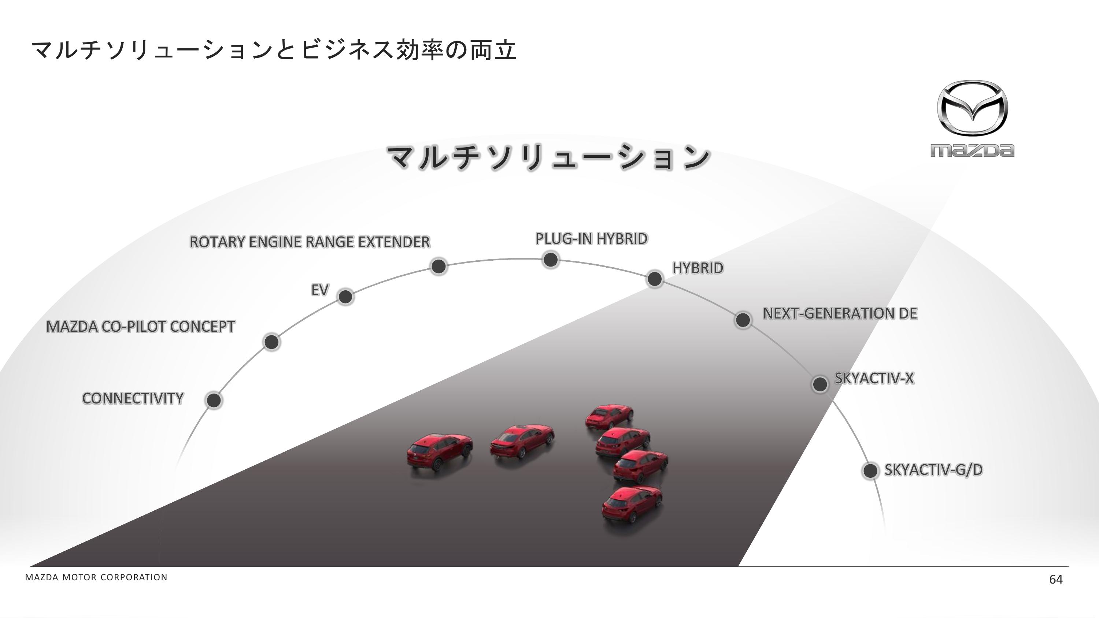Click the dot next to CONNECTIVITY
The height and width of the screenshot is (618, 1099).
[x=214, y=400]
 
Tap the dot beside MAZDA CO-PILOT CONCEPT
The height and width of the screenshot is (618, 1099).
[x=271, y=342]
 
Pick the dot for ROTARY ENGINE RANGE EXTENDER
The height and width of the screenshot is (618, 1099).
[x=439, y=266]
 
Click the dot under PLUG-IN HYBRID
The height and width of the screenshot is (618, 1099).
[x=550, y=259]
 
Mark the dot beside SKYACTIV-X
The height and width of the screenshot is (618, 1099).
[x=819, y=384]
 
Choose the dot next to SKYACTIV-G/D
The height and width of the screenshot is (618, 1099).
[x=870, y=470]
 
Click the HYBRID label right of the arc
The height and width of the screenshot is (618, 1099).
[x=697, y=268]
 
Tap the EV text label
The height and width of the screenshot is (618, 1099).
[x=319, y=290]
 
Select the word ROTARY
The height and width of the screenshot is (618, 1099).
[x=217, y=242]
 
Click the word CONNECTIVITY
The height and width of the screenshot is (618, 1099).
[x=133, y=398]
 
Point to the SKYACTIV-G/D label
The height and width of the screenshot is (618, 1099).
[x=933, y=470]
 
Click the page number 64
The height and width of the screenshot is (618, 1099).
[x=1055, y=579]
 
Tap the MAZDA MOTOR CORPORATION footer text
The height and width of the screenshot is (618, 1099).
[x=96, y=577]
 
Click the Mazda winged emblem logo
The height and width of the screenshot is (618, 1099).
[x=972, y=108]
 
